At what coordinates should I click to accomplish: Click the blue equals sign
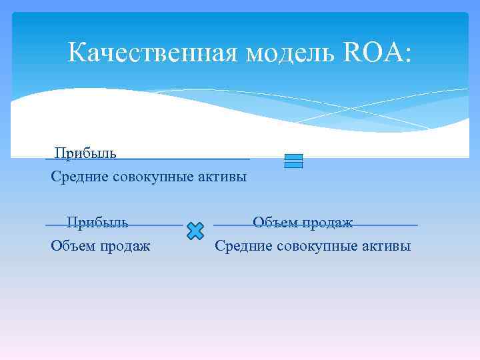click(x=293, y=161)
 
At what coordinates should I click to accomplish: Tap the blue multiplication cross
click(x=195, y=231)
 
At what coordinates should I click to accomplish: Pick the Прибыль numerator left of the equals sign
click(x=85, y=153)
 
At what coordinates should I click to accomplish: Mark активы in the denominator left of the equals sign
click(x=223, y=177)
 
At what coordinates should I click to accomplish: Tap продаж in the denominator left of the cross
click(x=125, y=246)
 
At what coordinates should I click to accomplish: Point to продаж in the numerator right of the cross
click(x=327, y=222)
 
